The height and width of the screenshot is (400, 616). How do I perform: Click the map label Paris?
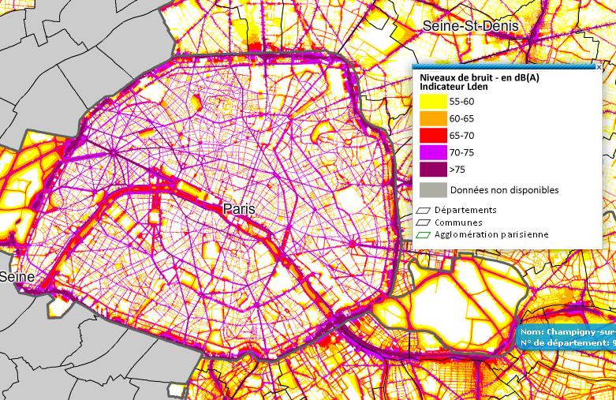(x=240, y=209)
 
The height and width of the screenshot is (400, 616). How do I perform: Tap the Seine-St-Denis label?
(x=471, y=26)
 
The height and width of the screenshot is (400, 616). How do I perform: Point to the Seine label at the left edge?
(x=17, y=277)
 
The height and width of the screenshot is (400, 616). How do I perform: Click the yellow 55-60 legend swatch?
(x=432, y=102)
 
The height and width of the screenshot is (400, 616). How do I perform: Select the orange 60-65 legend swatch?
(x=432, y=118)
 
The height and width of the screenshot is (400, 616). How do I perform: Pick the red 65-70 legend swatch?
(x=432, y=135)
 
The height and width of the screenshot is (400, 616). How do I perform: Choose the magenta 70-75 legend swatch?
(x=432, y=152)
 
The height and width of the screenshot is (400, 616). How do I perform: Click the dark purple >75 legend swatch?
(x=432, y=169)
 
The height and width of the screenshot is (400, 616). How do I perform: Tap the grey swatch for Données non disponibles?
(x=432, y=189)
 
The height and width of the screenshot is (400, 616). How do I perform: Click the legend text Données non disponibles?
(x=504, y=190)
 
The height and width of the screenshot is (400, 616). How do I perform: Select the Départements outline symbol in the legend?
(x=424, y=211)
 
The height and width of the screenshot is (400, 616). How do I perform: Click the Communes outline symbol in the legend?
(x=424, y=222)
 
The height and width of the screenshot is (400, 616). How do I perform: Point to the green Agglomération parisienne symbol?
(x=424, y=235)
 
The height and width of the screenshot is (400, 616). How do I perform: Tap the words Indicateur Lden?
(x=453, y=87)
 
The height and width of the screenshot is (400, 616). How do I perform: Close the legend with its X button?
(x=599, y=68)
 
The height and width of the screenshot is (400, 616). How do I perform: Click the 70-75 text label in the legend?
(x=461, y=152)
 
